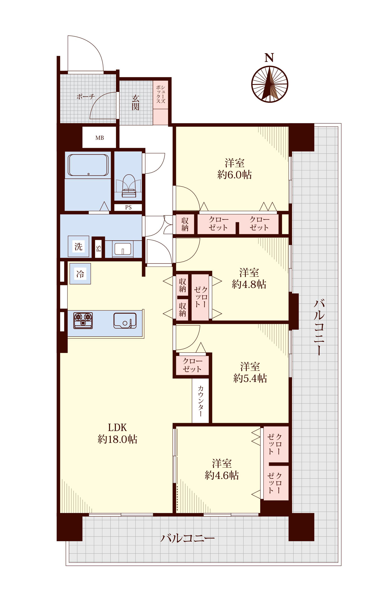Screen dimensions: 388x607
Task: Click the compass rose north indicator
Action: pyautogui.click(x=270, y=84)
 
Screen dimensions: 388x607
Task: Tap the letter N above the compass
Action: pyautogui.click(x=269, y=58)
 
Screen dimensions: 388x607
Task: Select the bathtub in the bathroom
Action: pyautogui.click(x=88, y=165)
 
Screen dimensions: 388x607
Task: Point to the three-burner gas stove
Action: pyautogui.click(x=83, y=320)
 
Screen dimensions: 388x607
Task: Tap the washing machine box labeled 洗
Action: pyautogui.click(x=78, y=246)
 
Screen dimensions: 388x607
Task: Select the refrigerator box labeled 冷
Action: pyautogui.click(x=80, y=274)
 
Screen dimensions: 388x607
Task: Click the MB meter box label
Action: pyautogui.click(x=99, y=138)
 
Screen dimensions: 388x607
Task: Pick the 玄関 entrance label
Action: pyautogui.click(x=135, y=103)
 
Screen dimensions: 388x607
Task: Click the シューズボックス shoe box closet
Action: pyautogui.click(x=161, y=103)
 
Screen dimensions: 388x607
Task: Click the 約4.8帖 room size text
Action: pyautogui.click(x=249, y=284)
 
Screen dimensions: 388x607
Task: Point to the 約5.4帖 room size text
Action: pyautogui.click(x=250, y=378)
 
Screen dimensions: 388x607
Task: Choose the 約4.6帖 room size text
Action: pyautogui.click(x=221, y=475)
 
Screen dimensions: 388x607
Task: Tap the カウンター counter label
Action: pyautogui.click(x=201, y=401)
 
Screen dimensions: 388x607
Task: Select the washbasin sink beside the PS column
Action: pyautogui.click(x=123, y=249)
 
